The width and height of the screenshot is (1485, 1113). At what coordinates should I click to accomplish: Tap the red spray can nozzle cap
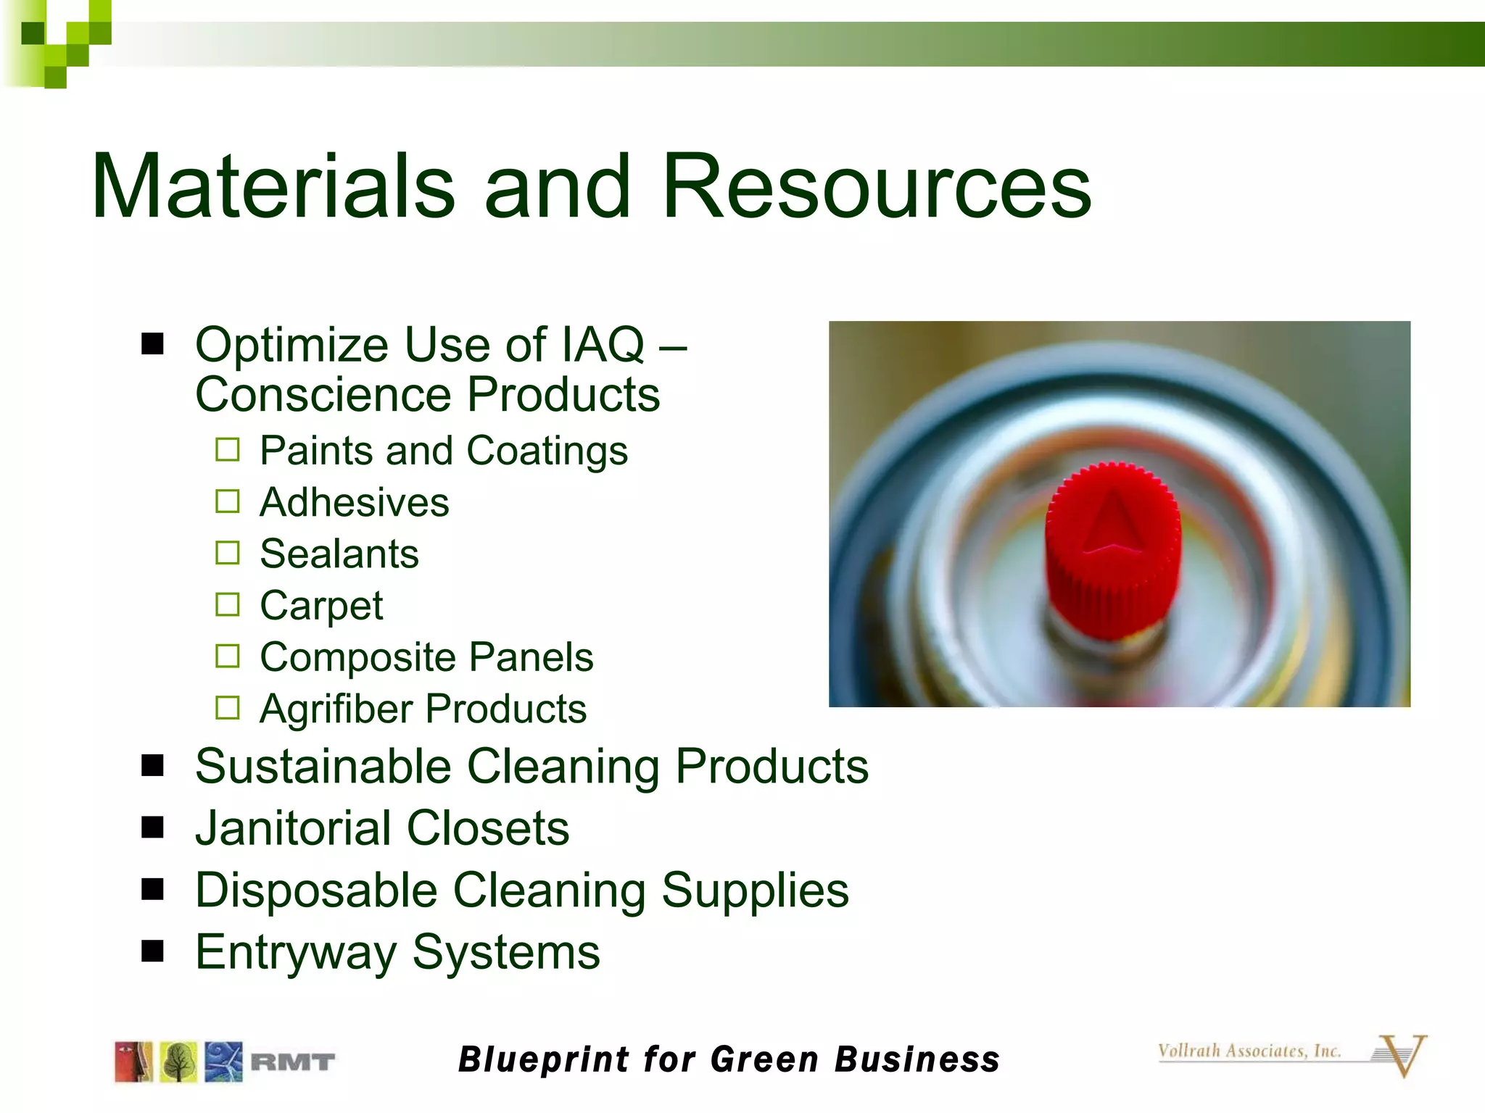coord(1112,551)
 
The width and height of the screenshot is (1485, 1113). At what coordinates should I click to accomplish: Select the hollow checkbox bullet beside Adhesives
coord(227,501)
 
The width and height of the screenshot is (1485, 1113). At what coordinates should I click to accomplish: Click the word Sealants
coord(339,554)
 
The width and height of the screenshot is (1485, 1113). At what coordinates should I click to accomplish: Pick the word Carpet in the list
coord(321,606)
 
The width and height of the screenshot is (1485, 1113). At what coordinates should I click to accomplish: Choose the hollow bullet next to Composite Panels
coord(227,656)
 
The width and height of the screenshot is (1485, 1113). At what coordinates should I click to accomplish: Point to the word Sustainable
coord(323,766)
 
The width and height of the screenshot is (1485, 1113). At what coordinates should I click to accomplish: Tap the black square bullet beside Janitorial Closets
coord(152,827)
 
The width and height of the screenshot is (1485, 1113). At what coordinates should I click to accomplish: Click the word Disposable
coord(316,890)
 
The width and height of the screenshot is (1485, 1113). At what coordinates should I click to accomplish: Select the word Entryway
coord(295,952)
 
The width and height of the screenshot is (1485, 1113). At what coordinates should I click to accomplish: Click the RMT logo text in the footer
coord(292,1062)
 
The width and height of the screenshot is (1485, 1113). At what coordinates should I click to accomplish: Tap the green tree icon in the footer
coord(178,1062)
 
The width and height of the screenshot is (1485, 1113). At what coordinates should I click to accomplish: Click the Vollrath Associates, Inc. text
coord(1249,1051)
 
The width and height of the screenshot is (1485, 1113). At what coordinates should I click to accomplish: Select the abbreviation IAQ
coord(603,344)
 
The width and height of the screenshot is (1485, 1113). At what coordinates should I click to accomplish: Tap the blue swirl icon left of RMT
coord(223,1062)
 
